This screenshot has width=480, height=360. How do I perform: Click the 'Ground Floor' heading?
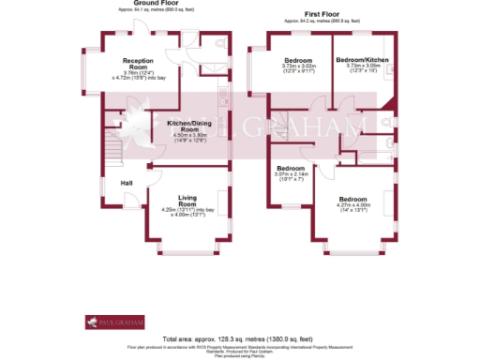[157, 3]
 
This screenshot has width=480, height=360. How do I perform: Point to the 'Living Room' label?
[194, 200]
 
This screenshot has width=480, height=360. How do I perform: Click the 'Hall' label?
[126, 183]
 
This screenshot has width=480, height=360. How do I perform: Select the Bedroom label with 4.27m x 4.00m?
[352, 200]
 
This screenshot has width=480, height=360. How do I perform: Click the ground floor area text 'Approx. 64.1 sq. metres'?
[157, 9]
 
